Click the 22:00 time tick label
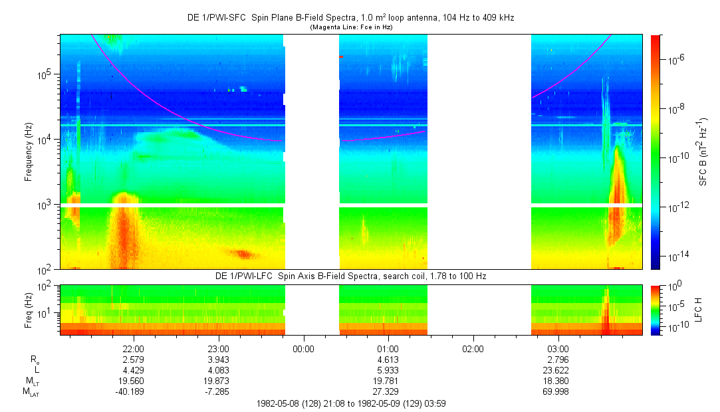tap(134, 349)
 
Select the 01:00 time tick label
tap(388, 349)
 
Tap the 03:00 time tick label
tap(558, 349)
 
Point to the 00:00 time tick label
tap(303, 349)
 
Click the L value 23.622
tap(558, 370)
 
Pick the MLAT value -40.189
tap(134, 391)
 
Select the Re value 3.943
tap(219, 360)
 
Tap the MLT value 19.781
tap(388, 381)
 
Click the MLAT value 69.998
tap(558, 391)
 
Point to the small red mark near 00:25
tap(341, 57)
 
